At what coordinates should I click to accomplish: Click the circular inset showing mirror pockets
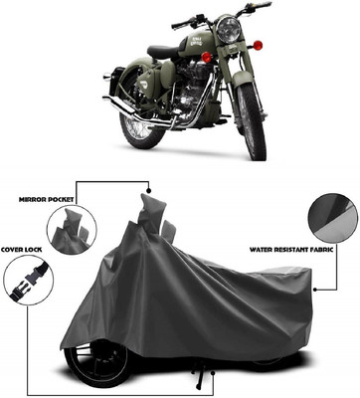[x=71, y=231]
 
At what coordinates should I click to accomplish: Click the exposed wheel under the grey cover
[x=95, y=361]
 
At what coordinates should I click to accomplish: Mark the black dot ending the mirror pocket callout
[x=148, y=188]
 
